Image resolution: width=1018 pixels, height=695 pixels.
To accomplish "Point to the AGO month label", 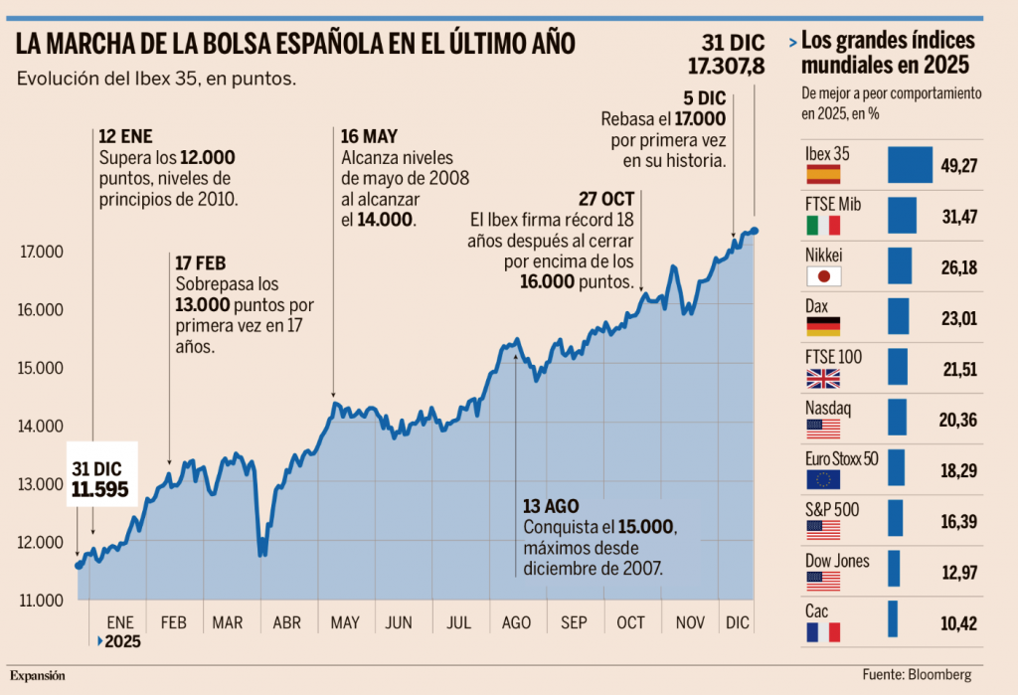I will [517, 623].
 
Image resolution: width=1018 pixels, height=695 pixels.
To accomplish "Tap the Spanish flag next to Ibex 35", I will [822, 175].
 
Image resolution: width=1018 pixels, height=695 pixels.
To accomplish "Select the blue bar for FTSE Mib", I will [902, 216].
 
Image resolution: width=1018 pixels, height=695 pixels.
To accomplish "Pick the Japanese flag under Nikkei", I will [822, 277].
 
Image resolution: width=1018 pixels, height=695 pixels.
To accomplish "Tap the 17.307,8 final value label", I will [726, 67].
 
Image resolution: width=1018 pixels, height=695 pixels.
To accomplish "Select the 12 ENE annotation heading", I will [126, 137].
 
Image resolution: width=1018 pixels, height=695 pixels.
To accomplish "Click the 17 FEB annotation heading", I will [200, 262].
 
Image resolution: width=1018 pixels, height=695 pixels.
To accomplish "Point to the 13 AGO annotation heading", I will [551, 505].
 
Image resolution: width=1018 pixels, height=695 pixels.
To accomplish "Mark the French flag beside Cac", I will [822, 631].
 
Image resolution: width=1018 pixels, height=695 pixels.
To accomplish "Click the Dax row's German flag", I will [822, 327].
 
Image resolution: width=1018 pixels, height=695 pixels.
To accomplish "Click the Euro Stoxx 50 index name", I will [840, 459].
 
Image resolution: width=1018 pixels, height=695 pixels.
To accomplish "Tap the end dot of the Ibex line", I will [755, 231].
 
